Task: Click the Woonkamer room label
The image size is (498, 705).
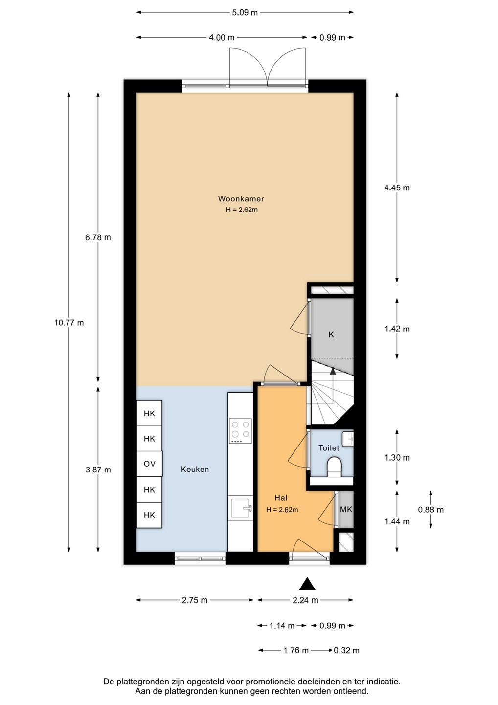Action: tap(241, 199)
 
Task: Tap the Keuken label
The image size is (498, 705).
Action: tap(195, 469)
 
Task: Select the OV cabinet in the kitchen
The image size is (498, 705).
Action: tap(150, 464)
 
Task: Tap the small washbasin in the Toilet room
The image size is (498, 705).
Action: tap(348, 439)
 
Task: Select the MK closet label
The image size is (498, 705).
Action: tap(346, 509)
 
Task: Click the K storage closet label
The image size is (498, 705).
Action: tap(331, 334)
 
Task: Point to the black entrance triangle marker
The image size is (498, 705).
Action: tap(307, 584)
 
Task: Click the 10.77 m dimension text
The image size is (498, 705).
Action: tap(69, 322)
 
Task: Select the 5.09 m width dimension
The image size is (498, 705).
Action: tap(245, 13)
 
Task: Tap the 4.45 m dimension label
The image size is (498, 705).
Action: tap(397, 188)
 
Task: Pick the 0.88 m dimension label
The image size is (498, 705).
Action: tap(430, 509)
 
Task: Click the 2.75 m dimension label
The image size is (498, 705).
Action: tap(195, 600)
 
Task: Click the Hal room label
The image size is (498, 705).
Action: tap(281, 498)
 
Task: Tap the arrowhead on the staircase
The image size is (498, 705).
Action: tap(333, 371)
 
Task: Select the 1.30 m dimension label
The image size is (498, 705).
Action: tap(397, 457)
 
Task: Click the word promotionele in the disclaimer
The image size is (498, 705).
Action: tap(270, 681)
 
